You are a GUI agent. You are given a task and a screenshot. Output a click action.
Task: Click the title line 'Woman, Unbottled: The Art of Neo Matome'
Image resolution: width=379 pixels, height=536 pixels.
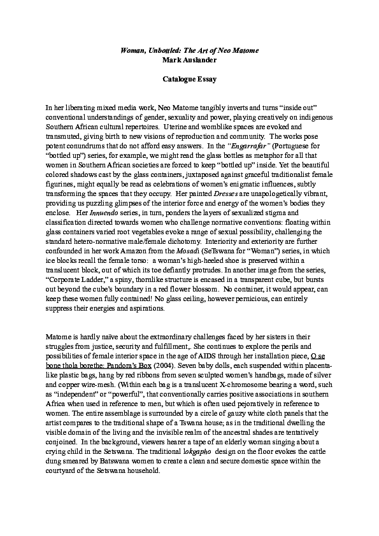189,50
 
